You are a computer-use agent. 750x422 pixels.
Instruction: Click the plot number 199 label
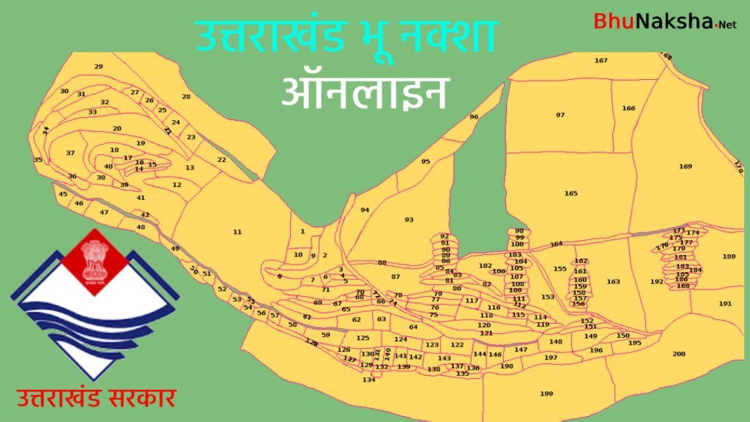(x=546, y=394)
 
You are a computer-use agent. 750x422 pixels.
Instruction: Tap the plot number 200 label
(x=679, y=355)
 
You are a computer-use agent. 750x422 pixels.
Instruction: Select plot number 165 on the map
(x=571, y=193)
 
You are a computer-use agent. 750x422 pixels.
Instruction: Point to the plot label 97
(x=560, y=115)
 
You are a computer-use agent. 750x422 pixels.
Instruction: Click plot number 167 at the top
(x=601, y=61)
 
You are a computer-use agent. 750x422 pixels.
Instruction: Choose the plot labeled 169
(x=685, y=167)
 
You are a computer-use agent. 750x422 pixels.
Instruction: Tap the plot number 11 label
(x=237, y=232)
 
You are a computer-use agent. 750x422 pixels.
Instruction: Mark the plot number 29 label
(x=99, y=67)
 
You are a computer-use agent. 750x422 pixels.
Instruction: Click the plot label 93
(x=409, y=220)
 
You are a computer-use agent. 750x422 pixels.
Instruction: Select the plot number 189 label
(x=728, y=256)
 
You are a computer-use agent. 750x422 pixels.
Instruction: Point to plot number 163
(x=613, y=282)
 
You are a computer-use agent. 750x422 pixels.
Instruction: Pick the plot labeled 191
(x=725, y=304)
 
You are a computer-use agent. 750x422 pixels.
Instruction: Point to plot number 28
(x=186, y=97)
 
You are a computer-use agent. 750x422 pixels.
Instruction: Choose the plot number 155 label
(x=560, y=269)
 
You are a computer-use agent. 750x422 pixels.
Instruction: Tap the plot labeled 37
(x=70, y=153)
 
